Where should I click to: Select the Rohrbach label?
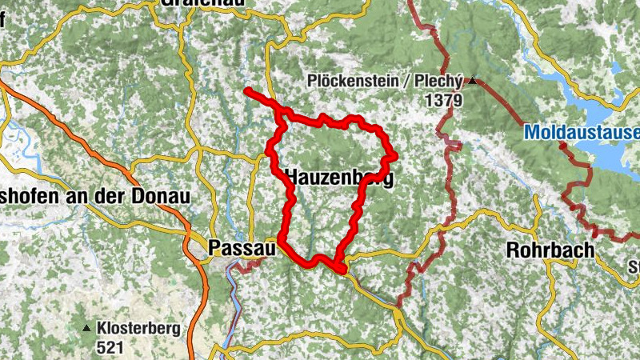550,250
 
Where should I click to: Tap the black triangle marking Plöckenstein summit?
473,81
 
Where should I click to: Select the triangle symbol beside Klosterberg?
86,328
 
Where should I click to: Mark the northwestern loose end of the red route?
247,90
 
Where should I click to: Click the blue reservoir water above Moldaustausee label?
608,88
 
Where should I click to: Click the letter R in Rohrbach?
512,250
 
